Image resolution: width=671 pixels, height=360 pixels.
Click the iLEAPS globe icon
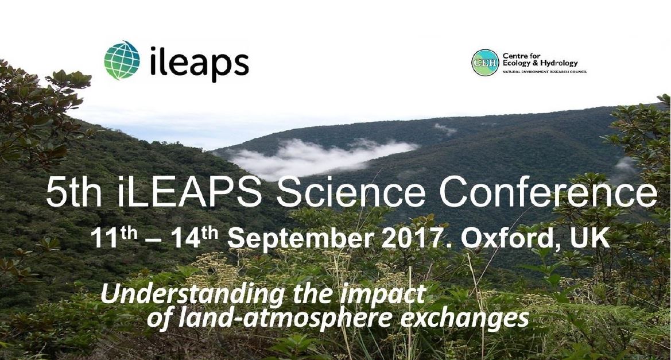click(x=122, y=60)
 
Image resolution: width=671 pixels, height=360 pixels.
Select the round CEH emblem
click(x=485, y=63)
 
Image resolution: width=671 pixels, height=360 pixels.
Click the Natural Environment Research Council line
click(x=544, y=72)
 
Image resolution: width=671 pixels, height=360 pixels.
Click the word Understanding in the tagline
click(x=192, y=295)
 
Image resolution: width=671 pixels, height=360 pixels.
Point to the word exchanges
click(x=464, y=318)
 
